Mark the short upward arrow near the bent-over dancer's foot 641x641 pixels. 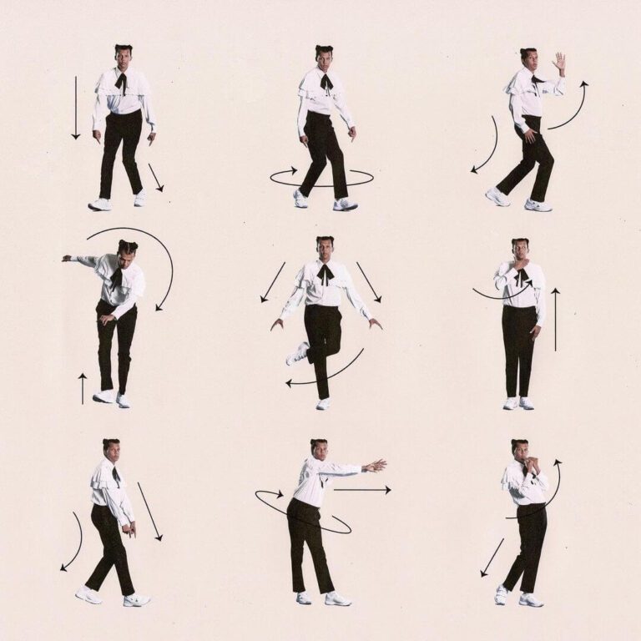(x=82, y=388)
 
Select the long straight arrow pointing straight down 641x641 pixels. (x=75, y=109)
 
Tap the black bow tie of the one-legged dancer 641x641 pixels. (x=325, y=272)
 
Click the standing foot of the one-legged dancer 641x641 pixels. (x=323, y=404)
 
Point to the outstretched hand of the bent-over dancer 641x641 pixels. (x=67, y=258)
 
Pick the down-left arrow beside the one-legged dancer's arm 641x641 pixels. (x=272, y=283)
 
